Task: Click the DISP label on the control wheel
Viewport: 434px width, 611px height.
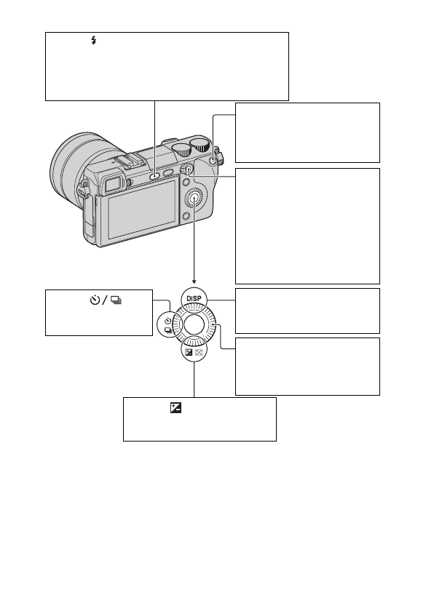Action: click(194, 298)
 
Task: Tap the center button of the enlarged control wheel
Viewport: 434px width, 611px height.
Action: click(194, 323)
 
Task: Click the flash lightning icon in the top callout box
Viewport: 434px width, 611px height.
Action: click(94, 40)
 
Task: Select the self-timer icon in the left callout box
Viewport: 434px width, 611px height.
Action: click(95, 300)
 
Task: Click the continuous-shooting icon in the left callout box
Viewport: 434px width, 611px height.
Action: click(117, 300)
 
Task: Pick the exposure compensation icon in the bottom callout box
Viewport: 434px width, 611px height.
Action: click(176, 407)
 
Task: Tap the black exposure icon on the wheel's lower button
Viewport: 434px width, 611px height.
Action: click(189, 352)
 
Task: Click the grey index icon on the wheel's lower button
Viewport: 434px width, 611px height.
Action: click(199, 352)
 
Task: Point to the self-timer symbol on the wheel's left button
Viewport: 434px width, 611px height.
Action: click(168, 321)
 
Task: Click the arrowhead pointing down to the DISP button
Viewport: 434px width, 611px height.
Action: click(194, 281)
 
